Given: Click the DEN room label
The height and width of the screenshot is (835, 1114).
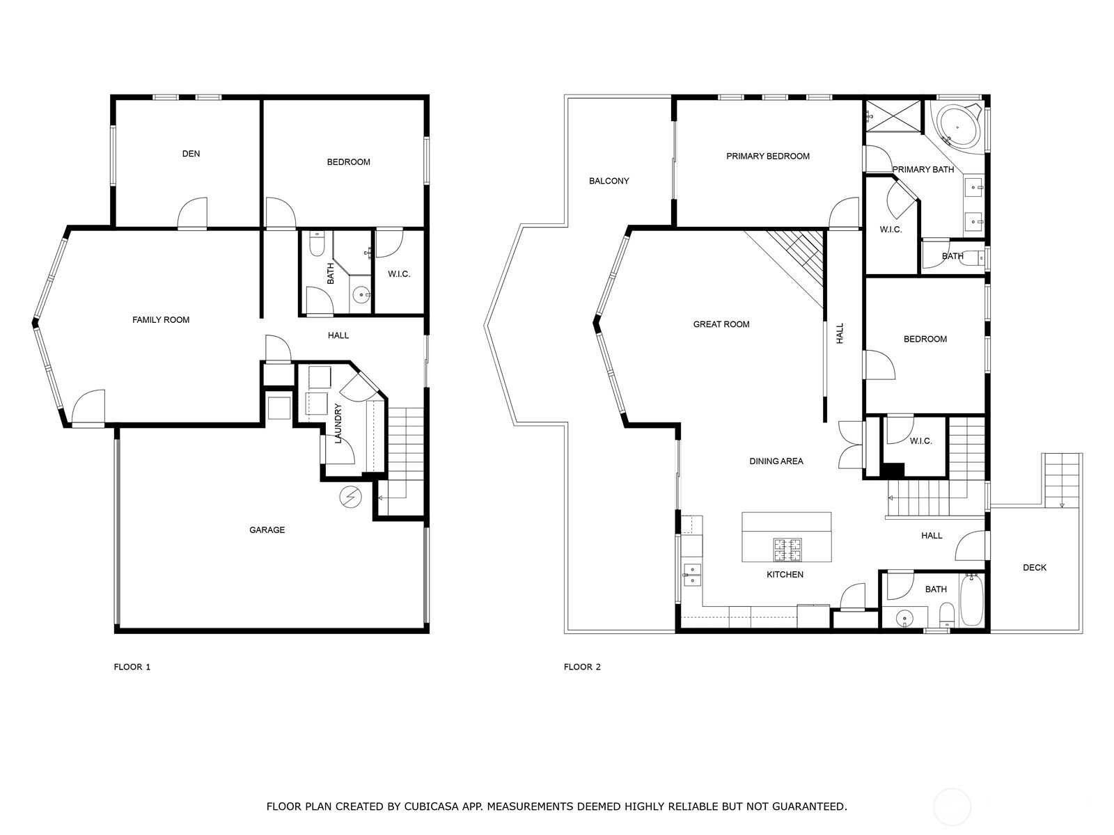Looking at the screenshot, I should (x=191, y=154).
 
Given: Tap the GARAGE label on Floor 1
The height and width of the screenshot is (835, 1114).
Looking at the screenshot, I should (x=267, y=530).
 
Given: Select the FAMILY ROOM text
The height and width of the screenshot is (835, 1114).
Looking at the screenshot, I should (x=161, y=320).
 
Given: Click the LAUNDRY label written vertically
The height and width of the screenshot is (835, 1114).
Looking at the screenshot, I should (x=338, y=423).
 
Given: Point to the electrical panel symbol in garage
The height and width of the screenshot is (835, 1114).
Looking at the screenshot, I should (x=350, y=497).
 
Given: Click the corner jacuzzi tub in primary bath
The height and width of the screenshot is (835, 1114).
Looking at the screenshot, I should (x=957, y=127).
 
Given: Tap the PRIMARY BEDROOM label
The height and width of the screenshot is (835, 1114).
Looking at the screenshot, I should (x=767, y=157).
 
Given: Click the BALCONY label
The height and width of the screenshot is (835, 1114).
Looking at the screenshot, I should (x=609, y=181).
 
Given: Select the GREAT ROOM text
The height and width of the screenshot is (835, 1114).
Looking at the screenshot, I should (x=721, y=324).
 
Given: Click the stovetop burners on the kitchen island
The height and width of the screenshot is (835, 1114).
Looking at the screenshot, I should (x=787, y=550).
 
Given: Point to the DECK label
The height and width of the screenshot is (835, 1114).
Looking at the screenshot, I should (x=1034, y=568).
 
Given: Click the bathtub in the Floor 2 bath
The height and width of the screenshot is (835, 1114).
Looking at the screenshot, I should (x=971, y=601).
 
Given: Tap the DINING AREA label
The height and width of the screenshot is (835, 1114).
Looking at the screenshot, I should (x=776, y=461).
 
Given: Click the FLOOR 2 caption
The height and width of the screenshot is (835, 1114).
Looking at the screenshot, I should (x=581, y=667).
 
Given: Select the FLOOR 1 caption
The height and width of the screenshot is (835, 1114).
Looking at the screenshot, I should (x=132, y=667).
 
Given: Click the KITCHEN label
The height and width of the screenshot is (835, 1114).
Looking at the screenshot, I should (x=785, y=575).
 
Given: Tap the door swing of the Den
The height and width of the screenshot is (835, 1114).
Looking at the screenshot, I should (x=193, y=212).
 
